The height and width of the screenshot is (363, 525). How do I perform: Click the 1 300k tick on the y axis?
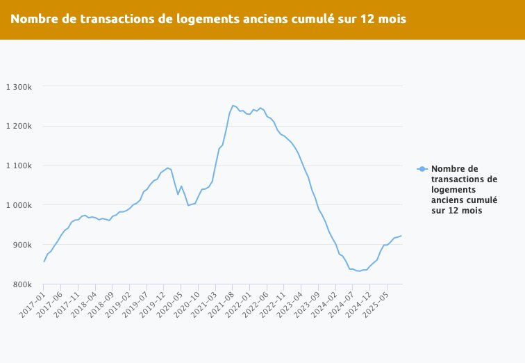pos(19,87)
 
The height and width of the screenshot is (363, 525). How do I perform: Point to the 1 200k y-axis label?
pos(19,127)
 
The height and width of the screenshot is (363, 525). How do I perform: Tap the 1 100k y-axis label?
pos(19,166)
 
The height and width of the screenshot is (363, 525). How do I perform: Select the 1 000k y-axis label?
pos(19,205)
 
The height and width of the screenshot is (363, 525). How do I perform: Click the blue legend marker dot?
pos(421,169)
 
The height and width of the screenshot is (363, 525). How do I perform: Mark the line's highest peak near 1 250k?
pos(233,106)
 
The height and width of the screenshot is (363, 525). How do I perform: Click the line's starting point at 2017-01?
pos(44,261)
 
